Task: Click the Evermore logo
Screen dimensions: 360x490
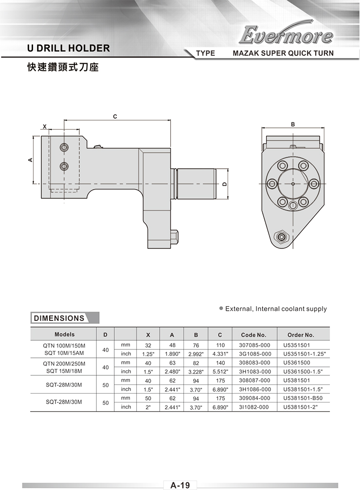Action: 286,34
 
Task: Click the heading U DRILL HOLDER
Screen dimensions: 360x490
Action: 69,48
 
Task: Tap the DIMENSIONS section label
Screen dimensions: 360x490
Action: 59,318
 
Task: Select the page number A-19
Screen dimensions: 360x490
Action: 180,485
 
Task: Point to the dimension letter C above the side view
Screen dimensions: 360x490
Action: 115,117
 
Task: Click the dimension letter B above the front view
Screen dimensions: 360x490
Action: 293,124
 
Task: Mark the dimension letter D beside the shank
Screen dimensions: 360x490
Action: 224,184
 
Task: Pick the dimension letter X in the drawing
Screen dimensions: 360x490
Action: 45,126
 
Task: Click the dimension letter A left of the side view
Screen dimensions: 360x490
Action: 30,159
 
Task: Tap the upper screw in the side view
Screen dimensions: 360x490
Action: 64,147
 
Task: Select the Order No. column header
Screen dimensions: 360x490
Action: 301,335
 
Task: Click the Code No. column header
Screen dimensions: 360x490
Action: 253,335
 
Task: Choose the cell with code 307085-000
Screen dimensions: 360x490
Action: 254,345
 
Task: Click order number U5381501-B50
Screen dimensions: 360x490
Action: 303,398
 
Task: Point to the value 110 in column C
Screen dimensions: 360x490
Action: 220,345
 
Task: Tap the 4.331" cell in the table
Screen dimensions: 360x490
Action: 220,354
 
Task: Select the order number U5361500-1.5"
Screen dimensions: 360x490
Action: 303,372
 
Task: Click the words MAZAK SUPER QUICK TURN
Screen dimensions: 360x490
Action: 283,53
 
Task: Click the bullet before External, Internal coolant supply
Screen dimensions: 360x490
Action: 221,308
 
